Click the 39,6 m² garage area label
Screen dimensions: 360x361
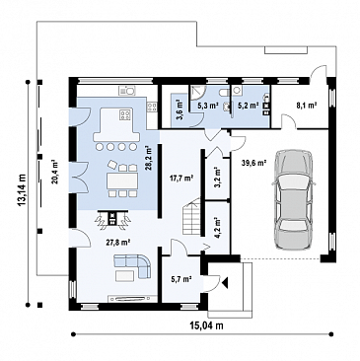[252, 162]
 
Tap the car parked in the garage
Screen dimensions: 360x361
[293, 200]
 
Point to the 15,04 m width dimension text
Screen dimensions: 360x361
[206, 325]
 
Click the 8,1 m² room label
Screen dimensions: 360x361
[306, 106]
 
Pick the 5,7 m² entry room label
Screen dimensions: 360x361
[181, 279]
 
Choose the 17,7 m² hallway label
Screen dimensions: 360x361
[181, 179]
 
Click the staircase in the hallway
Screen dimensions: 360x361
[191, 216]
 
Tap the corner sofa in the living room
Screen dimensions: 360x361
[132, 265]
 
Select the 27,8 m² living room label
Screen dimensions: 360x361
[118, 243]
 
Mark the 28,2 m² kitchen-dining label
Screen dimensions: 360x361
[150, 158]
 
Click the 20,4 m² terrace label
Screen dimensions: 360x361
[54, 172]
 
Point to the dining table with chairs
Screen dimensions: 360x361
[122, 179]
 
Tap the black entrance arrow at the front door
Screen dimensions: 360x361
[225, 282]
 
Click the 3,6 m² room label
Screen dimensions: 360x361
[180, 110]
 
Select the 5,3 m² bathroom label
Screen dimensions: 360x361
[207, 106]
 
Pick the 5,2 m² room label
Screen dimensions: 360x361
[248, 106]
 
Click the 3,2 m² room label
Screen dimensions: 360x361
[216, 177]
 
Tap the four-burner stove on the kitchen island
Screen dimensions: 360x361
[125, 113]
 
